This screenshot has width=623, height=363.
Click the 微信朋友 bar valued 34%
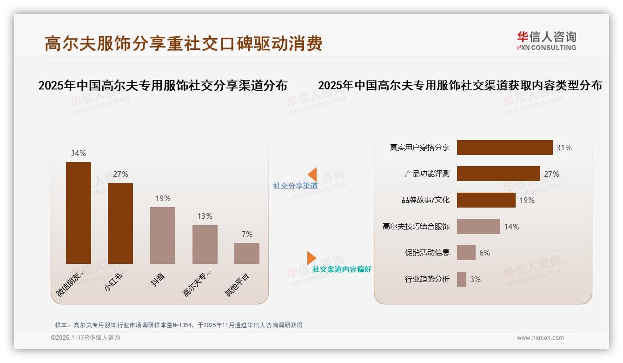click(79, 213)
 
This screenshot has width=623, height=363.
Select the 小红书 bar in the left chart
click(120, 223)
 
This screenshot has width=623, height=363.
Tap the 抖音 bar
click(163, 235)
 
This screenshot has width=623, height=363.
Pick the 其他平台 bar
click(247, 253)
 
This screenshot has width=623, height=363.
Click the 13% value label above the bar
click(205, 216)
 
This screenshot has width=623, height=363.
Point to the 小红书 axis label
click(114, 282)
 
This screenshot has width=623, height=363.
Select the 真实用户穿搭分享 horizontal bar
click(504, 148)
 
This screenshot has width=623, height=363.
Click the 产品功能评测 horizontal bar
click(498, 174)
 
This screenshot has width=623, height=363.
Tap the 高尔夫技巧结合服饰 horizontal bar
click(478, 227)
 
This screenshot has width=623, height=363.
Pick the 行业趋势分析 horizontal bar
click(462, 279)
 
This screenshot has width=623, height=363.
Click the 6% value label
click(484, 253)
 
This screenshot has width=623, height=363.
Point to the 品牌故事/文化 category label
click(425, 200)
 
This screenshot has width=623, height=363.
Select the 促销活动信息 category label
click(427, 253)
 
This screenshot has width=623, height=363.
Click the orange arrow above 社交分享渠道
click(312, 174)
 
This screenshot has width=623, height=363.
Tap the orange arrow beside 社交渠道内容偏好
click(311, 258)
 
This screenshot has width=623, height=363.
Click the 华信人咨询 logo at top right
click(546, 41)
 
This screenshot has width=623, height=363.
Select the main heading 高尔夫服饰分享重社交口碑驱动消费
click(184, 44)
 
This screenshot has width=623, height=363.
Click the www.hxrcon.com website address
click(540, 338)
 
